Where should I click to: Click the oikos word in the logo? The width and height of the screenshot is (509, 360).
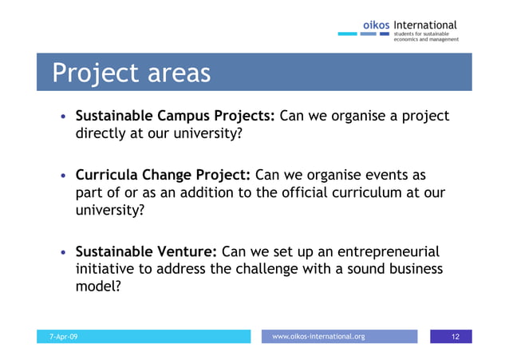[376, 26]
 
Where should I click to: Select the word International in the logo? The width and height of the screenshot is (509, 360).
[425, 26]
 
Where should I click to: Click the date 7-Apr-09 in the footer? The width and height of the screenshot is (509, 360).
[64, 337]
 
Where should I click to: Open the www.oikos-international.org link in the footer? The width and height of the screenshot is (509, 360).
[318, 337]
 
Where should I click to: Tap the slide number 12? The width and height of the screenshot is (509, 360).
[456, 337]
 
